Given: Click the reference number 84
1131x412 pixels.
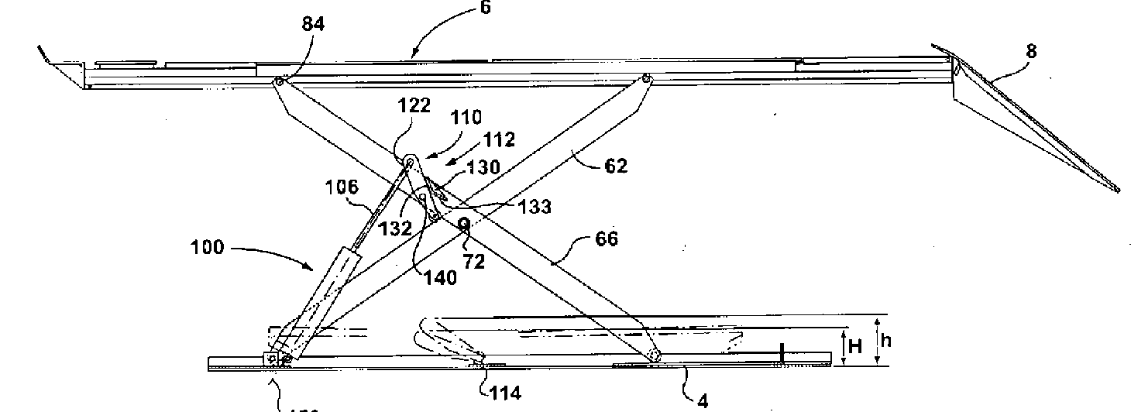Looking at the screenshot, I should coord(313,24).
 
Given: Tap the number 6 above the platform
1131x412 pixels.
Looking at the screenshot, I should coord(485,9).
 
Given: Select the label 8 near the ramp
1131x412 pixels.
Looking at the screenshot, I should coord(1030,52).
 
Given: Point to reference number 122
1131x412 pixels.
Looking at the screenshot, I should coord(414,106).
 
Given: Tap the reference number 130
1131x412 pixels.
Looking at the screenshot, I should coord(483,167).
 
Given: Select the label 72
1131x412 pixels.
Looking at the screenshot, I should coord(474,261).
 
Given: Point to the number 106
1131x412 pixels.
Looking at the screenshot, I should coord(342,187).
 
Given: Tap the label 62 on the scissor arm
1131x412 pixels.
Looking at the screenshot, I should coord(613,165).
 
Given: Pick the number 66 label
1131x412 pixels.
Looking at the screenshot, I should coord(607,239).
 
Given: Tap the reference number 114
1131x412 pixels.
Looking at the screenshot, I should coord(504,393).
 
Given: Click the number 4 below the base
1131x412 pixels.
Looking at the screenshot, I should coord(703,401).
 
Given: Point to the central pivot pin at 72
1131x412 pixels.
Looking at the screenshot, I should coord(464,225).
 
